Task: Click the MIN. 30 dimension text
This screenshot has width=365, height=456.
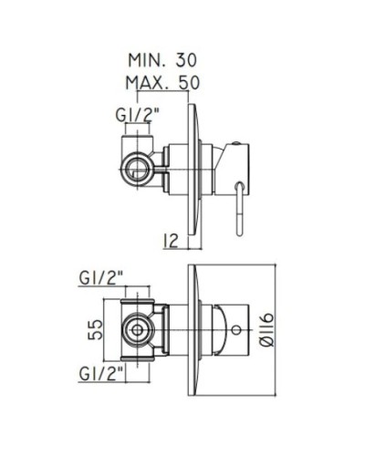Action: [x=162, y=60]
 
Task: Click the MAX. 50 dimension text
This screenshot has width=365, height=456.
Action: [x=162, y=82]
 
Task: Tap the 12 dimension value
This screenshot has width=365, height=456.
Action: [x=170, y=241]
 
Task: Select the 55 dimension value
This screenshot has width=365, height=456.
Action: [x=95, y=329]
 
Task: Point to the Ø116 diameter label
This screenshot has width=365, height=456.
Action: [x=267, y=330]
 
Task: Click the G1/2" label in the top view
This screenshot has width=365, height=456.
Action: [x=138, y=115]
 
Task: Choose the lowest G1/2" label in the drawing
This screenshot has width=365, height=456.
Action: [x=102, y=374]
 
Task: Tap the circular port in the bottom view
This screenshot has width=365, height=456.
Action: [x=138, y=330]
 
